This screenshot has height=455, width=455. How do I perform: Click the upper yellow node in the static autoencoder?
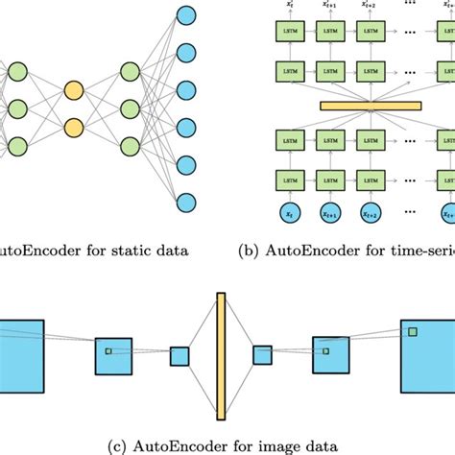[x=74, y=93]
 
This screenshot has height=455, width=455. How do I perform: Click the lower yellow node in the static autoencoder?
[x=74, y=128]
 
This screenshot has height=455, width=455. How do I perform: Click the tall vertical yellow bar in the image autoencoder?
[x=220, y=355]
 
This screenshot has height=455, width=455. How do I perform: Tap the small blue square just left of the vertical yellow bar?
[x=180, y=356]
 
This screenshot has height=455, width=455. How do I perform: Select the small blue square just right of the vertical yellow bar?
[x=262, y=356]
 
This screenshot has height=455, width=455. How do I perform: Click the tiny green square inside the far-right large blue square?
[x=412, y=331]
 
